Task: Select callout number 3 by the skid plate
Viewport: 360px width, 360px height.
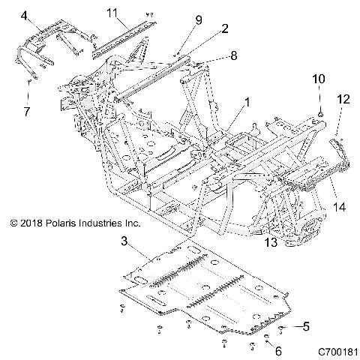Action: coord(124,241)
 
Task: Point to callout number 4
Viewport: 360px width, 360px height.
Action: coord(24,15)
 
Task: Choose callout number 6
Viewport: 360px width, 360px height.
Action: coord(279,350)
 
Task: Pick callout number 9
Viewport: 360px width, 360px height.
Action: coord(199,19)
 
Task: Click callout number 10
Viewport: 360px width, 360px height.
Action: coord(318,79)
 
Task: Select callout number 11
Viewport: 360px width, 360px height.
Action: coord(112,13)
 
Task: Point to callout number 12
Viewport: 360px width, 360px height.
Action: coord(343,97)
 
